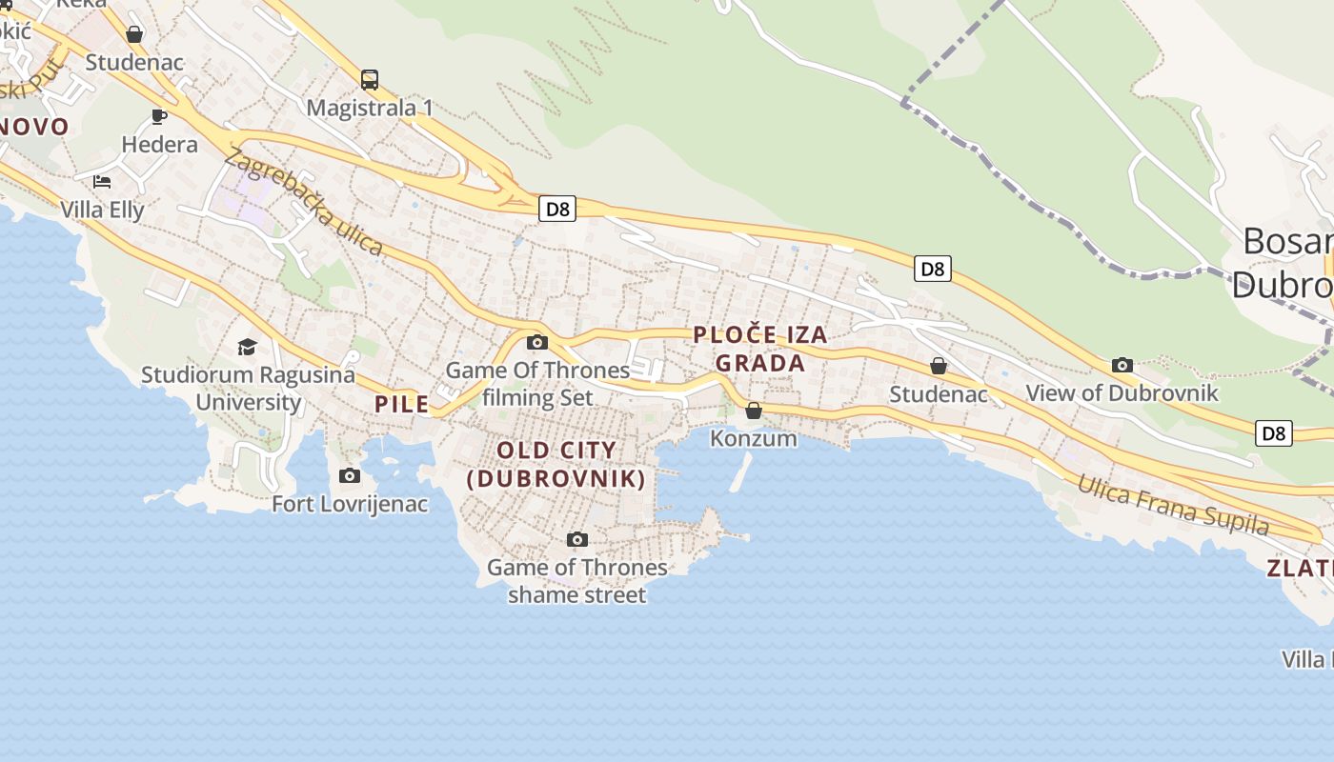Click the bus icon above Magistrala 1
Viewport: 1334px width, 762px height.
coord(370,80)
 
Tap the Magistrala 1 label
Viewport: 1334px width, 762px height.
coord(370,108)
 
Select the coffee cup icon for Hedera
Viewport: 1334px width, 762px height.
coord(159,117)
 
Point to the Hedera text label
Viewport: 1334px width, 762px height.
coord(160,145)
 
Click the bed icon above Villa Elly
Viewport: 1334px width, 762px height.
coord(102,181)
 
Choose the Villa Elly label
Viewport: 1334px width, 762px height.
coord(103,210)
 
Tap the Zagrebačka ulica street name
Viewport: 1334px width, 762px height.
coord(304,204)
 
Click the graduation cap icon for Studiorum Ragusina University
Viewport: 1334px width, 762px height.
coord(248,347)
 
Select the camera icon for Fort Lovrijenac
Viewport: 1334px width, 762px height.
coord(350,475)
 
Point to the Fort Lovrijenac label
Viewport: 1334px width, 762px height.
coord(351,504)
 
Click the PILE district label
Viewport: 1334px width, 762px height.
coord(402,404)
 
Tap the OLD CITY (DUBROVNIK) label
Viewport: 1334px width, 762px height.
coord(556,464)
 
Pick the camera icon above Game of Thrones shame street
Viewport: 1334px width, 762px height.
coord(576,540)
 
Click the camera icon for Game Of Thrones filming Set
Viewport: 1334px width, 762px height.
coord(537,342)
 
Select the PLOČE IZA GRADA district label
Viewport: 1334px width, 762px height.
coord(760,349)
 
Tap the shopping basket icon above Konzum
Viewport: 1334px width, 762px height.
coord(754,411)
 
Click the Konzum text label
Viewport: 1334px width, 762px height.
coord(754,438)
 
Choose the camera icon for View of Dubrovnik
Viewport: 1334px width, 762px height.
coord(1122,365)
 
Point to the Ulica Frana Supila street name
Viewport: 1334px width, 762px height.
coord(1173,506)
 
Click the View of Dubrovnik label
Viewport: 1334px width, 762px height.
coord(1122,392)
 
